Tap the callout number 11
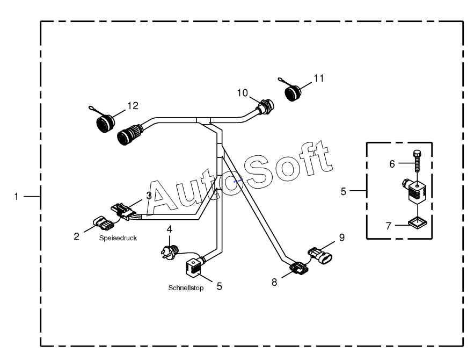pos(319,78)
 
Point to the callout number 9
pos(341,236)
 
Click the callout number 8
pos(274,282)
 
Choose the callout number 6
pos(392,164)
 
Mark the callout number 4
pos(169,229)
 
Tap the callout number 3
pos(149,196)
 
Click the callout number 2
pos(77,236)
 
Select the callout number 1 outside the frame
pos(17,197)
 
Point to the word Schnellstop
pos(186,288)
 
